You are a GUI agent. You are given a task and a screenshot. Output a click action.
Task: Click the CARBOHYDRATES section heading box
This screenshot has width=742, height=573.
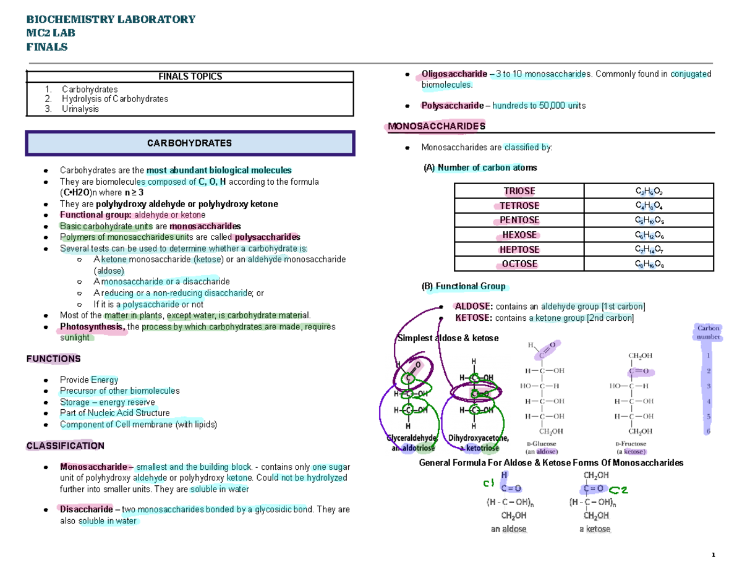point(189,143)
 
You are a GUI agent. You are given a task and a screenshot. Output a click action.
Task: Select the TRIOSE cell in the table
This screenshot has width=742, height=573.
point(519,191)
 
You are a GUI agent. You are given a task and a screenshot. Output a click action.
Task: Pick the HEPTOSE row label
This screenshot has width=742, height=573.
point(519,250)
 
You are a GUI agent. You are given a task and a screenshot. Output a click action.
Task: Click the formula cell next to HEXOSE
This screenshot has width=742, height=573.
point(649,236)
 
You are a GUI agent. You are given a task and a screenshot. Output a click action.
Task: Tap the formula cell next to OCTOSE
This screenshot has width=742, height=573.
point(649,265)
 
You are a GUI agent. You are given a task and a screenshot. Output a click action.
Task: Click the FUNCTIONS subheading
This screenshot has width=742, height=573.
point(53,359)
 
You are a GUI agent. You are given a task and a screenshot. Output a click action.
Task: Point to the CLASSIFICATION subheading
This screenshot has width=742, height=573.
point(65,445)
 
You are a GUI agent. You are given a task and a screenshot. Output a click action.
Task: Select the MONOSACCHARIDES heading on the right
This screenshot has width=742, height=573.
point(435,126)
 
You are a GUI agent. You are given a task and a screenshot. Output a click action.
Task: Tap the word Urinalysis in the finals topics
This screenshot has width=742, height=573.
point(80,109)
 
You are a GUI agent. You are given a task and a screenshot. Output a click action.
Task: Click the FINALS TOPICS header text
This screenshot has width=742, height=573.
point(190,77)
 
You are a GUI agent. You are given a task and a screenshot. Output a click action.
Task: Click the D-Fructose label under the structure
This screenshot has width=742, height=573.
point(631,444)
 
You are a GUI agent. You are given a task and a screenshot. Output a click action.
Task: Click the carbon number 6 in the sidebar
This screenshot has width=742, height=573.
point(709,431)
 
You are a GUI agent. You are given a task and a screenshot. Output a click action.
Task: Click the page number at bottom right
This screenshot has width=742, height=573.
point(713,554)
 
